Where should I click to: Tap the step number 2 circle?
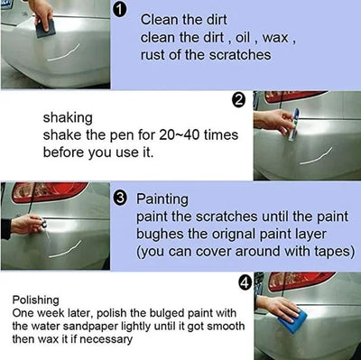(x=238, y=100)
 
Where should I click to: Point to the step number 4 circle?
(x=243, y=282)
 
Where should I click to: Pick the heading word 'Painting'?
(x=162, y=198)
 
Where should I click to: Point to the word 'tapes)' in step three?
(x=332, y=252)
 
